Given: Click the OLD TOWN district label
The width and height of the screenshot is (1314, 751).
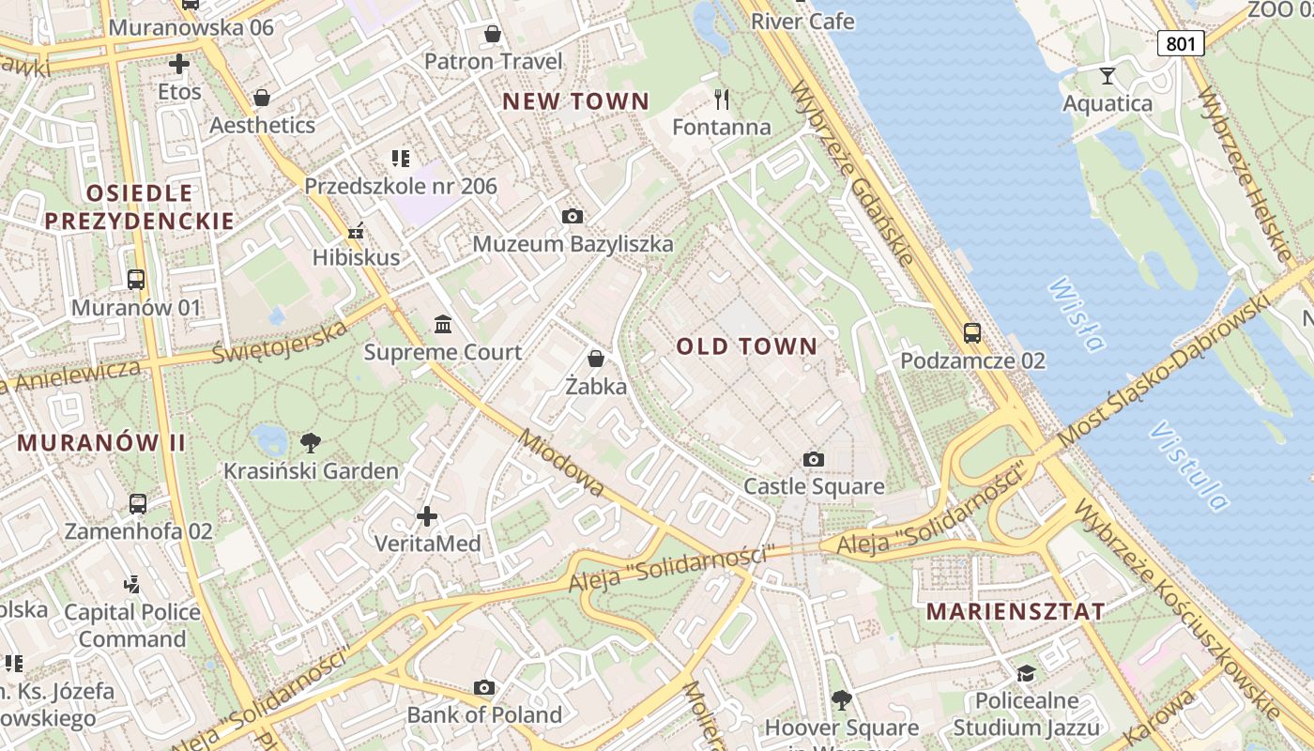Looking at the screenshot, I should [747, 346].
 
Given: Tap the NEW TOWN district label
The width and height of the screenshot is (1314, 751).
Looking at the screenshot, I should [575, 101].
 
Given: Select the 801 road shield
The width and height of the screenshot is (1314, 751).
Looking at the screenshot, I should [1180, 43].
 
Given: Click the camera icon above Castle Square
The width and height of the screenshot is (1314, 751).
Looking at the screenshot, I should [814, 459].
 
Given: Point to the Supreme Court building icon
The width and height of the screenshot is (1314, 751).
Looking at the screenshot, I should [442, 325].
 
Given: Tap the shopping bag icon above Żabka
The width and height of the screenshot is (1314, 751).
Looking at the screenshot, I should [595, 359].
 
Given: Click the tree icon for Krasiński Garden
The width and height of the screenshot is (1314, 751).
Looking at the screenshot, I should [310, 442].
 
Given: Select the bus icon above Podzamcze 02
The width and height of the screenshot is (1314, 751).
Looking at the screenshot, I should [972, 332].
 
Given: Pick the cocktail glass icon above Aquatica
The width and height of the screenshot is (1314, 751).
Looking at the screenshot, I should [1108, 75].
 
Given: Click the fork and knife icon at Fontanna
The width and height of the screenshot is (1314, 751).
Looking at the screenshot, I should [722, 99].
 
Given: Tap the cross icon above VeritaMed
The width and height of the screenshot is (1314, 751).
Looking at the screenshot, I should [427, 515].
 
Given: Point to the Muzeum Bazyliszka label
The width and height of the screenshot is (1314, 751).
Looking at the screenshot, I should [573, 244].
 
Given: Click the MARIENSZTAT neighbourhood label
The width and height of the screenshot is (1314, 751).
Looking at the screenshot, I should [1016, 612].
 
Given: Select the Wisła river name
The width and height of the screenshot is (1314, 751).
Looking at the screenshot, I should [1076, 314].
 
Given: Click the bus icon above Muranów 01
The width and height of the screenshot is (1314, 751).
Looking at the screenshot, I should [136, 279].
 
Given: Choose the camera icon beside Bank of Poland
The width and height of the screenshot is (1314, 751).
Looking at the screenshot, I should [484, 688].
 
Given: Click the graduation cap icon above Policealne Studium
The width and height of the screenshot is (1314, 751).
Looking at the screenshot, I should [1026, 673].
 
